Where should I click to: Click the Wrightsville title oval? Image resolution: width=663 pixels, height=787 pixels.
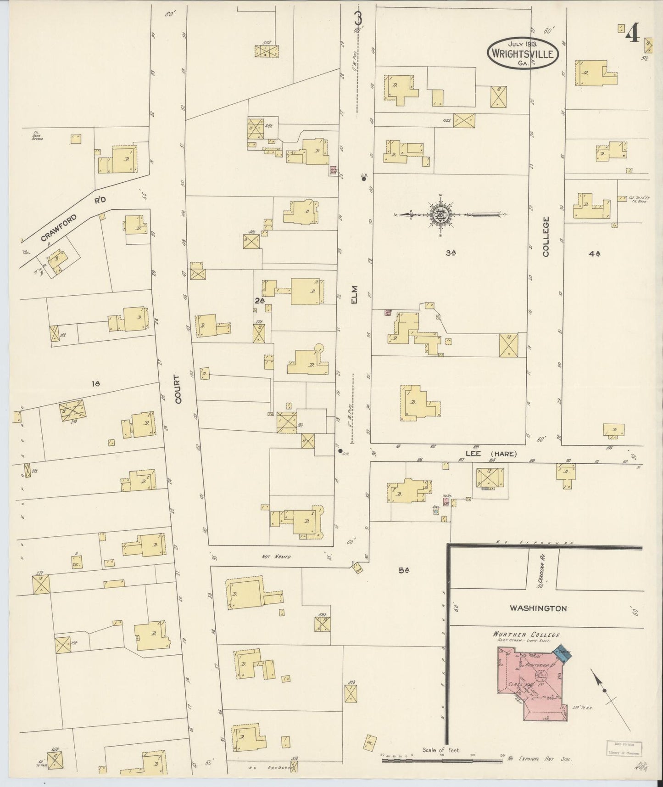point(523,53)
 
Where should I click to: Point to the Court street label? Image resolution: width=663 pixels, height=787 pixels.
point(178,388)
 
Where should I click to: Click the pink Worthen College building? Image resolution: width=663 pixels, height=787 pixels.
point(532,684)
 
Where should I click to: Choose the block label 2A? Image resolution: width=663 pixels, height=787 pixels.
point(260,300)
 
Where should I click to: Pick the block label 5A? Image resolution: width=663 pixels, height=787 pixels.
point(404,571)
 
